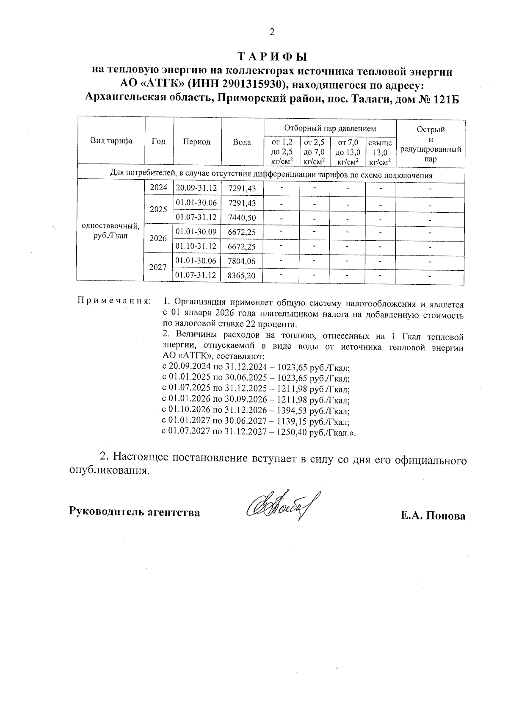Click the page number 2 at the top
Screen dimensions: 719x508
pos(272,32)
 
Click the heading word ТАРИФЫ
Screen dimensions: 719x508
pos(272,57)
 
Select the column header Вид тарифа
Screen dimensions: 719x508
pos(111,141)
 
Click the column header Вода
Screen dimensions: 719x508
pos(242,142)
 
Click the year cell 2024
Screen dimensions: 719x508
pos(159,188)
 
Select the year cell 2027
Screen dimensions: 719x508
pos(158,268)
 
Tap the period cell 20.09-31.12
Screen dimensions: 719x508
pos(196,188)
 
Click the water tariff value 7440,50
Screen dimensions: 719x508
pos(242,217)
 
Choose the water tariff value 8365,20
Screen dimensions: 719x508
pos(242,275)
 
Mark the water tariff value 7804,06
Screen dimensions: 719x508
pos(242,261)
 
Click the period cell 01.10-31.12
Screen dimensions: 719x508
pos(196,246)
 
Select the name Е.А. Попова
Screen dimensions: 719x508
pos(433,516)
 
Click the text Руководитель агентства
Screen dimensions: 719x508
pos(135,512)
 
